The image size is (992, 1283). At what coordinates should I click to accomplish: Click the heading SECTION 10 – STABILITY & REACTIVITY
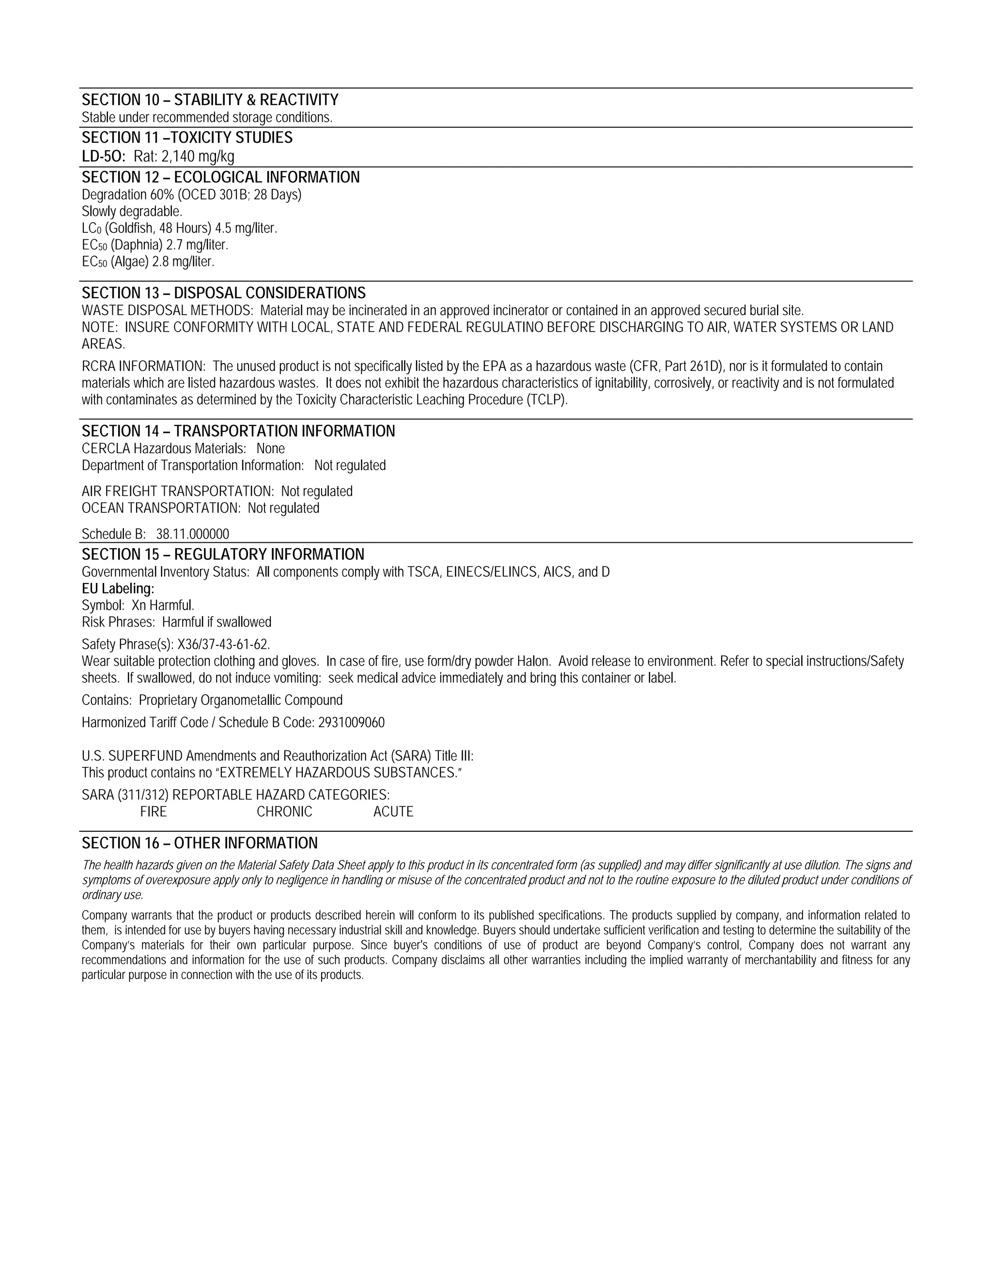(x=210, y=100)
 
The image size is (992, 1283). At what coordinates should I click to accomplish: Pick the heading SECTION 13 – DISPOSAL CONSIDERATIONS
(x=223, y=293)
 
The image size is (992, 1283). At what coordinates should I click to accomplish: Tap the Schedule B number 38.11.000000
(x=193, y=534)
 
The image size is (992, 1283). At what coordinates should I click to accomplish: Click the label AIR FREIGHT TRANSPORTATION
(x=177, y=491)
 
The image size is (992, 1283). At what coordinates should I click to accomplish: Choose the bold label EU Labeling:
(x=118, y=589)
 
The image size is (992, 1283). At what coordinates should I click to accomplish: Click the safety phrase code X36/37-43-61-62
(x=223, y=644)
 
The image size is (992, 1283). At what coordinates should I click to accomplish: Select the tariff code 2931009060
(x=352, y=722)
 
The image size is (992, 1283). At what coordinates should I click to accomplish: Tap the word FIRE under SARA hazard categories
(x=154, y=812)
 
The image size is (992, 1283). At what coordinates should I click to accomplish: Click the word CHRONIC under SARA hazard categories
(x=284, y=812)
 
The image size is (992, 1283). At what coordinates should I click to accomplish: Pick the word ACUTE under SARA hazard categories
(x=393, y=812)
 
